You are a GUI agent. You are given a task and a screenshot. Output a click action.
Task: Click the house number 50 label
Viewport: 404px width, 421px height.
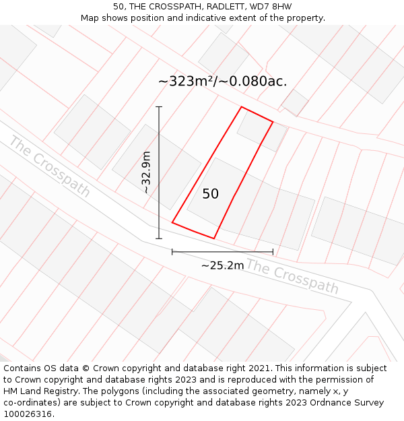(x=210, y=194)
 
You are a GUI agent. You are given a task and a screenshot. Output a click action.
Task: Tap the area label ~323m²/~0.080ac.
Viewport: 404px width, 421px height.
(x=222, y=82)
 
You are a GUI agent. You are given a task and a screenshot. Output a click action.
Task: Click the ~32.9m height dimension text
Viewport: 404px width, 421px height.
(x=146, y=172)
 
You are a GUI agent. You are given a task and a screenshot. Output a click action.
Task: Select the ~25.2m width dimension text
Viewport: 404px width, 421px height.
(x=222, y=265)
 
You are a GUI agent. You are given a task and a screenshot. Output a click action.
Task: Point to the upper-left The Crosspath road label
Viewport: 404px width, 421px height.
(x=49, y=166)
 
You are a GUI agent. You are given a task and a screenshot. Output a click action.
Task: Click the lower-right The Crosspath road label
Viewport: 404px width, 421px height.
(x=292, y=276)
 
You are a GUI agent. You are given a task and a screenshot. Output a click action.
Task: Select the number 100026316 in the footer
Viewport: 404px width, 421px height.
(x=28, y=414)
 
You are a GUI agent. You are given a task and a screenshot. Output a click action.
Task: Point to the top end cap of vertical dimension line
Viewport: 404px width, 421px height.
(x=159, y=106)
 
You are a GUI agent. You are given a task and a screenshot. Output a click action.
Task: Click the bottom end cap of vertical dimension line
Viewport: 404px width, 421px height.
(x=159, y=238)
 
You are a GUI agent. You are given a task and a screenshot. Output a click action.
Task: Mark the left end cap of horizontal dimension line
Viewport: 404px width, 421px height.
(x=172, y=252)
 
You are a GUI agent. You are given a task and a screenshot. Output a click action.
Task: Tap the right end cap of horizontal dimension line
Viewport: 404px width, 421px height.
(x=273, y=252)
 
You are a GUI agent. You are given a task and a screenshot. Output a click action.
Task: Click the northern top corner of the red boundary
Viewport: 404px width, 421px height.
(x=241, y=106)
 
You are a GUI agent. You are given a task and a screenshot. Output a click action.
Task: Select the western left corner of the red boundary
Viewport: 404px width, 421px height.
(x=172, y=222)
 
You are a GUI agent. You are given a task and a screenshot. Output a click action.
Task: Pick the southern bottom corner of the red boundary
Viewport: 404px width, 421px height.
(x=214, y=238)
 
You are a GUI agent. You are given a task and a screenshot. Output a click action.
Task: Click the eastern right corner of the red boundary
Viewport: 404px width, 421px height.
(x=273, y=122)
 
